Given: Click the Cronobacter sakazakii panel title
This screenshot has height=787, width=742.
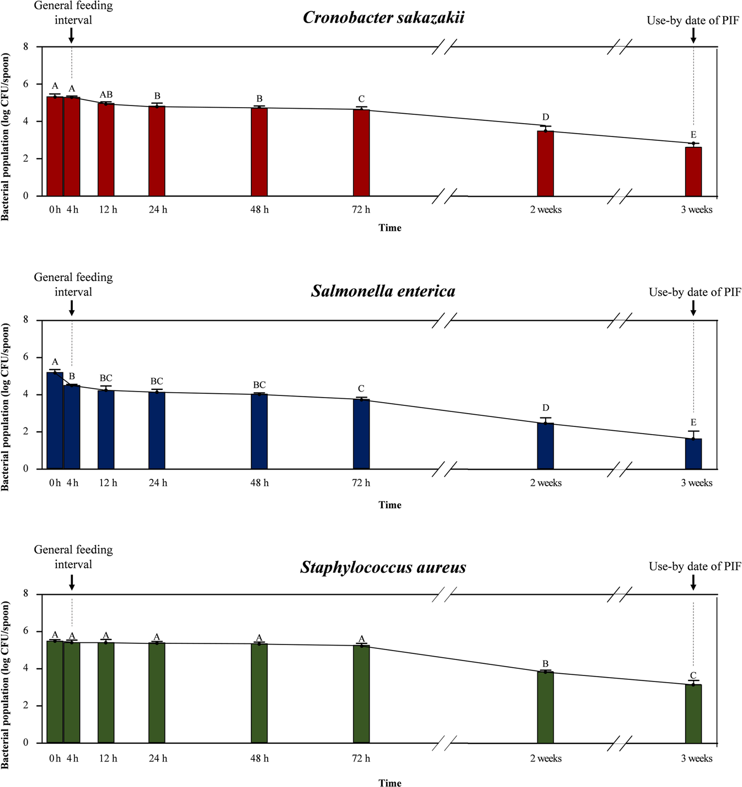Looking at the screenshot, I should tap(383, 17).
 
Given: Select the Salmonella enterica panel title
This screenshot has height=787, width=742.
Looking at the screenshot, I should tap(383, 291).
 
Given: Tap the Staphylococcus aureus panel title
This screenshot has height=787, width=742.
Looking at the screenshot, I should tap(383, 567).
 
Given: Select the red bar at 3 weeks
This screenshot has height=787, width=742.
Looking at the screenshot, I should tap(693, 172).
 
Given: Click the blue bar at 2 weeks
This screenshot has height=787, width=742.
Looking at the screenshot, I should tap(545, 446).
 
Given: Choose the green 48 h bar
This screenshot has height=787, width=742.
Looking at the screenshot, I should tap(259, 694).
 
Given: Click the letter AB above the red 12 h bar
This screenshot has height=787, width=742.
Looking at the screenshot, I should tap(106, 95).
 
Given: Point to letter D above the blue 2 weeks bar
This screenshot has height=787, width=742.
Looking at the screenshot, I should tap(546, 408).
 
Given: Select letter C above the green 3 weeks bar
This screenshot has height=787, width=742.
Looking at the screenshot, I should tap(693, 675).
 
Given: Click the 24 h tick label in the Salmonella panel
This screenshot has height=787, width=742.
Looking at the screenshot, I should tap(158, 483).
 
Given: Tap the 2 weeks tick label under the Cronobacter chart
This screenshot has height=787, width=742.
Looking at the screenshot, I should tap(546, 210).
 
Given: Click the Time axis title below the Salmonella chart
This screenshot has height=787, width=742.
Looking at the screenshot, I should tap(389, 505).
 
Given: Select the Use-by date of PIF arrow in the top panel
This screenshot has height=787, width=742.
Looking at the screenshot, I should tap(693, 36).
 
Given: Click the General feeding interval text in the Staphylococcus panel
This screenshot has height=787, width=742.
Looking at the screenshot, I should tap(73, 557).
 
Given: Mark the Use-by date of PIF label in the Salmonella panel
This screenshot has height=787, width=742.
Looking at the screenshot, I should tap(695, 292).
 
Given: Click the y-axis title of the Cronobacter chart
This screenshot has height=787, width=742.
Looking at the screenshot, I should tap(6, 137).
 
